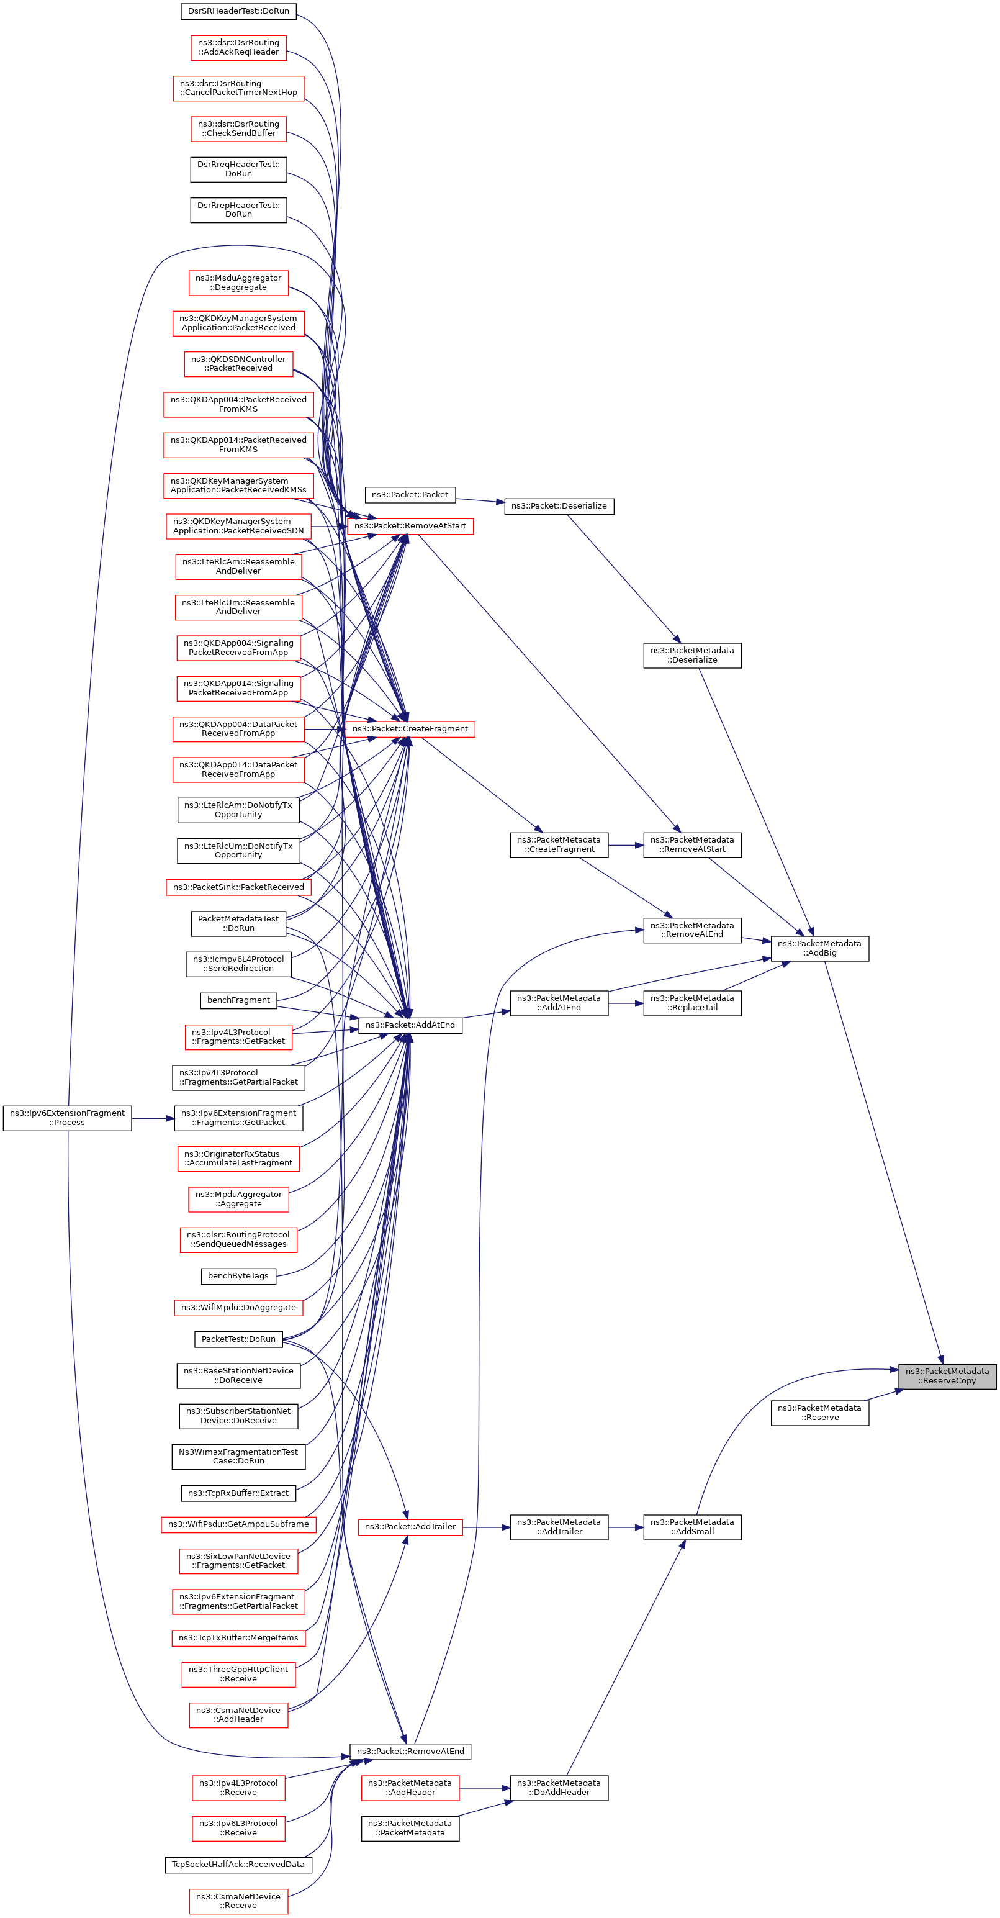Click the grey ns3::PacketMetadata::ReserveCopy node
947,1376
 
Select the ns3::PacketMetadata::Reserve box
819,1413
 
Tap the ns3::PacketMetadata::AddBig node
819,948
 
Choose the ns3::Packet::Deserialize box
559,505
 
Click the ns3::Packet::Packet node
410,494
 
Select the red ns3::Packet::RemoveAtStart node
410,526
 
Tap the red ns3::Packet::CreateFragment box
410,729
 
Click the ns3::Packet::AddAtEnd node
410,1025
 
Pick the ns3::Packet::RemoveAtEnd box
410,1751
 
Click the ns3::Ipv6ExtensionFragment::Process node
67,1118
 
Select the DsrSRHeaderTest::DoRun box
238,11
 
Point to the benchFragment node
238,1000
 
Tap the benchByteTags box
238,1275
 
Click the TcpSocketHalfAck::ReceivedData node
238,1865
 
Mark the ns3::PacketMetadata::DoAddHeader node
559,1788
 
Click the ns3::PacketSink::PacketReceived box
238,887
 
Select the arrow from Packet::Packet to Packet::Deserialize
480,500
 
